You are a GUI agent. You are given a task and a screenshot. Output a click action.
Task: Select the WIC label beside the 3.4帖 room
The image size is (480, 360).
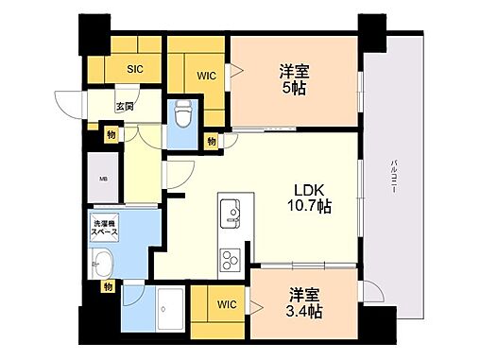[226, 303]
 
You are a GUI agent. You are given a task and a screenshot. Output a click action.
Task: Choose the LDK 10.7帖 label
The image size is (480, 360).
[309, 195]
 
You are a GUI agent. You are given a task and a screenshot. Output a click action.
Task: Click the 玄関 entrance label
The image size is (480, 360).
[125, 107]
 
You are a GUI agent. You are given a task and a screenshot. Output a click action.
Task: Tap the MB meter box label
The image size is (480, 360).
[102, 179]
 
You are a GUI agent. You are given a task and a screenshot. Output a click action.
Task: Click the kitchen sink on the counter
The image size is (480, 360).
[230, 213]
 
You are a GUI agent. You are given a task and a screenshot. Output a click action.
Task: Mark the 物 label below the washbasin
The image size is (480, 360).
[109, 285]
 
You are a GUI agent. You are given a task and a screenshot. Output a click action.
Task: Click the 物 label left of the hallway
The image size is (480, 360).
[111, 136]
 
